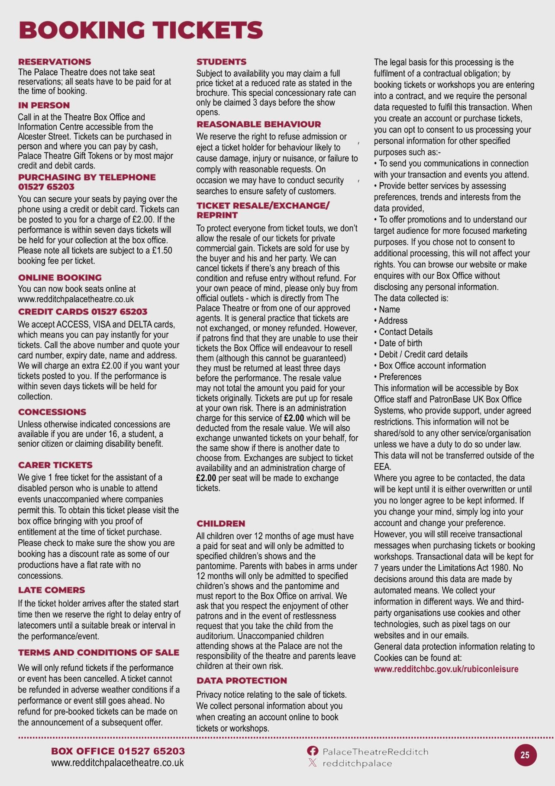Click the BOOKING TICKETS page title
141,30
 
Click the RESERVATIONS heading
55,61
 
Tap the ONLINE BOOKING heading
60,277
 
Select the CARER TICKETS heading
55,465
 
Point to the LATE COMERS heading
52,590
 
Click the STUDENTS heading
221,61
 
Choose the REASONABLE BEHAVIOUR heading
258,124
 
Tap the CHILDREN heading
221,523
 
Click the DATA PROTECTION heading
242,680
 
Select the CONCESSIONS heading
52,412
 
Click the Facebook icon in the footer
312,751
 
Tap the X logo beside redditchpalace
312,763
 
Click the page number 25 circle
525,755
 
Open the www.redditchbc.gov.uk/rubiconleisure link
446,669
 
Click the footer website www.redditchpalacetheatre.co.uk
117,763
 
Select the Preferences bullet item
400,377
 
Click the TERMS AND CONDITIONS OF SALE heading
98,652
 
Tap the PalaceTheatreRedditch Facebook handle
375,751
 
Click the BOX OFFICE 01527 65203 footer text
118,751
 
